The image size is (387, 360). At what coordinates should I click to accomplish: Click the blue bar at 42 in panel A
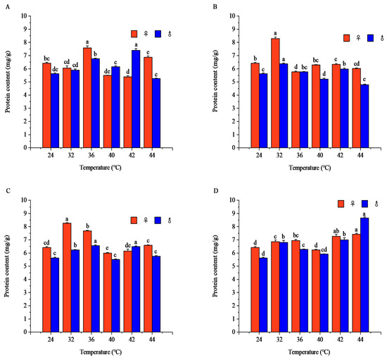point(136,99)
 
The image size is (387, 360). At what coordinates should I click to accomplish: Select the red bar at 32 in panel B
point(275,93)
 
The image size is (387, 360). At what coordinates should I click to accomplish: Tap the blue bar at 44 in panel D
point(364,275)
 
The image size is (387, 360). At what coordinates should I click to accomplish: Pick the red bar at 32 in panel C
point(67,278)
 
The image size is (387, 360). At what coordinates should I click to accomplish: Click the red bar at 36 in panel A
point(87,98)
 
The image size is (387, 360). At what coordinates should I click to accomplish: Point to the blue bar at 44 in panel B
point(364,116)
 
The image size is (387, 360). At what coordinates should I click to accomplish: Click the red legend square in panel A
point(134,34)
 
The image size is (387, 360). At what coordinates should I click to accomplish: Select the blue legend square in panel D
point(364,204)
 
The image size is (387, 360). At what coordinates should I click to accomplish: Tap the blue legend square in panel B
point(370,38)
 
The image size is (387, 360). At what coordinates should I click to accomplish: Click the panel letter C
point(8,191)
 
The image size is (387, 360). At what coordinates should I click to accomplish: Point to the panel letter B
point(215,7)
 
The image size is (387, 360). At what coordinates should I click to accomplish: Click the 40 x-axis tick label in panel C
point(112,340)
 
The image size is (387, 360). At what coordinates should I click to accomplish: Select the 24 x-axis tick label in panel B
point(259,155)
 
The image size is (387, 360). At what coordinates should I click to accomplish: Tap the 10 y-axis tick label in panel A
point(24,15)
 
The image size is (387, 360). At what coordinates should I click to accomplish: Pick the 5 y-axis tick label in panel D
point(234,266)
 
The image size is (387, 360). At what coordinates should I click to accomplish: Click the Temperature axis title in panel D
point(310,352)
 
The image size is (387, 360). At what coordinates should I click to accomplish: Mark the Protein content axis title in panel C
point(8,266)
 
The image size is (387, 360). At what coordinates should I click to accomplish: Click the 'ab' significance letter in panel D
point(336,231)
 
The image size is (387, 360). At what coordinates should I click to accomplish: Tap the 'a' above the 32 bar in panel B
point(275,33)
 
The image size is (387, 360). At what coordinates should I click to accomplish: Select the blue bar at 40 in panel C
point(116,296)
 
